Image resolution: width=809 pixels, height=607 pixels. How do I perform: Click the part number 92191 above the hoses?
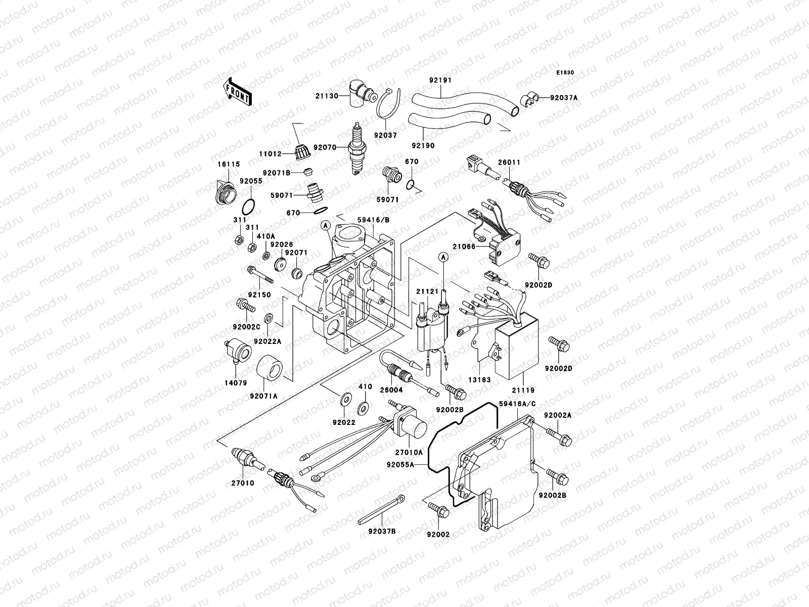(440, 80)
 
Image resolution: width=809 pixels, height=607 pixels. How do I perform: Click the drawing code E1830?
(565, 73)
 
